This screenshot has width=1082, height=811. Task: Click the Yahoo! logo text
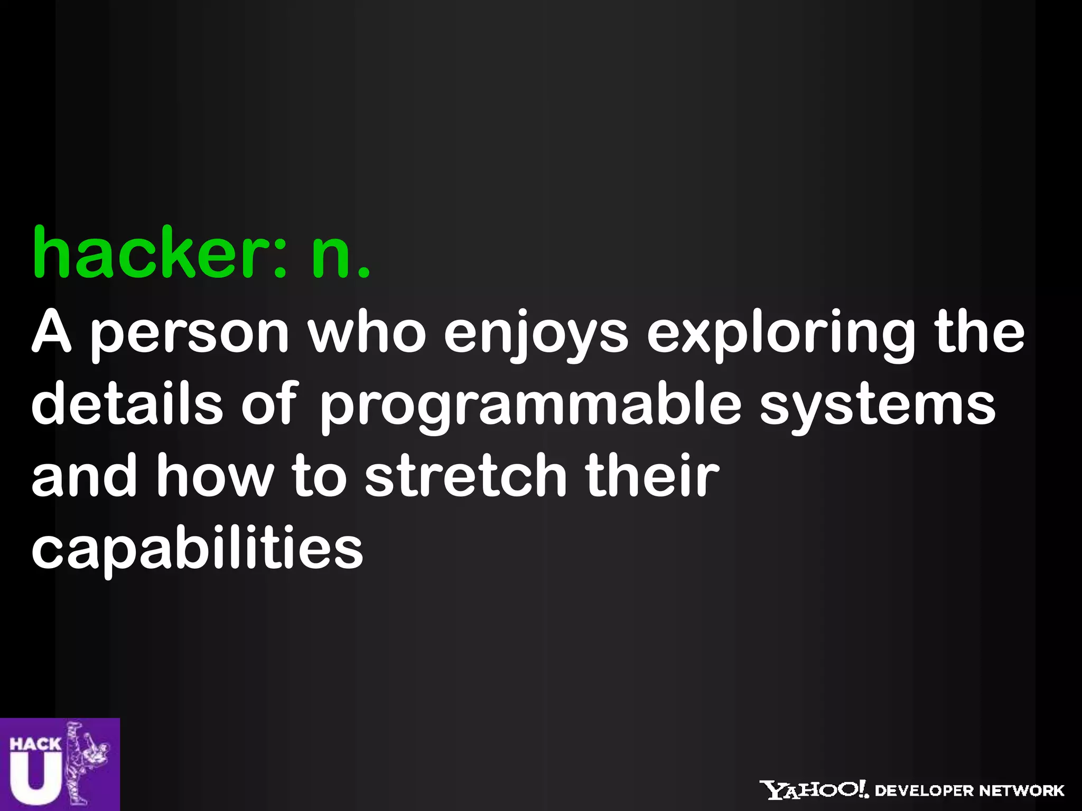[814, 790]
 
